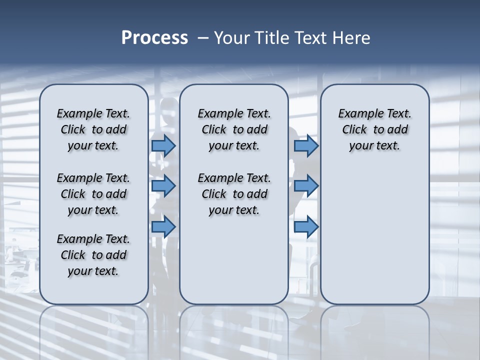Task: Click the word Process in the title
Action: [154, 38]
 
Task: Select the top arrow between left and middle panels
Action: [163, 145]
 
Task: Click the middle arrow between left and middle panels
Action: [163, 186]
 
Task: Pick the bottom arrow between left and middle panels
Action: [163, 227]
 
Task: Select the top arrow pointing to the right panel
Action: [306, 145]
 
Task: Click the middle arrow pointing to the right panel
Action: [306, 186]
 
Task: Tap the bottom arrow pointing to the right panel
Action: [306, 227]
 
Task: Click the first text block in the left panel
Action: [93, 129]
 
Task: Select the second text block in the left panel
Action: [93, 194]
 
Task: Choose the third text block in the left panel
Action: [93, 255]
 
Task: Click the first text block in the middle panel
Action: [234, 129]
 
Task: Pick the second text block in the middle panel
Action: [234, 194]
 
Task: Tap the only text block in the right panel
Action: [374, 129]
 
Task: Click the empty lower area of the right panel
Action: [374, 235]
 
